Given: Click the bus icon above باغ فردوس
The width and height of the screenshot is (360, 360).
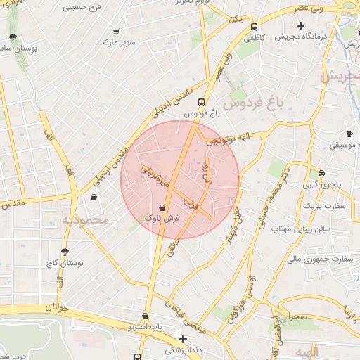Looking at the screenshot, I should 202,101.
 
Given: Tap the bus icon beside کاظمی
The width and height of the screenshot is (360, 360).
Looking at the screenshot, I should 253,27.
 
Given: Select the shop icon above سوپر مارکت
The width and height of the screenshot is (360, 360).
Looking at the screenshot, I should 116,32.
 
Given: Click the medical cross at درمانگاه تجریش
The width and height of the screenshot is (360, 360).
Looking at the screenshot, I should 301,25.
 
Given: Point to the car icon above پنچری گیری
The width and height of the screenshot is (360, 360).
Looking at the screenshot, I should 321,173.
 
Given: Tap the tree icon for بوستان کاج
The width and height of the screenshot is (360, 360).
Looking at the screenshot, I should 65,252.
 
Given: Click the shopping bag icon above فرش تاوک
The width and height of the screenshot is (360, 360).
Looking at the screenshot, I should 163,208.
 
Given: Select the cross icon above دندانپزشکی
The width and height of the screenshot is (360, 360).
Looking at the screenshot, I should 183,338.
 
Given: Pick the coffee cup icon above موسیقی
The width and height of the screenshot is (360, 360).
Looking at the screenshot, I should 349,134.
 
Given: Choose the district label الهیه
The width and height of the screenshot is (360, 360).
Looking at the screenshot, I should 307,351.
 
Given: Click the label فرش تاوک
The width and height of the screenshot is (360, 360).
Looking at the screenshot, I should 163,219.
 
